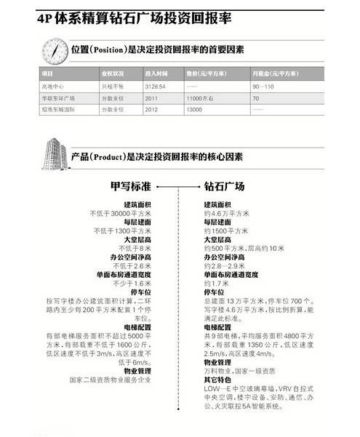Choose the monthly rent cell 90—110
(x=264, y=86)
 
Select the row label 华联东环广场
(x=57, y=97)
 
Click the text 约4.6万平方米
(x=230, y=214)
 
